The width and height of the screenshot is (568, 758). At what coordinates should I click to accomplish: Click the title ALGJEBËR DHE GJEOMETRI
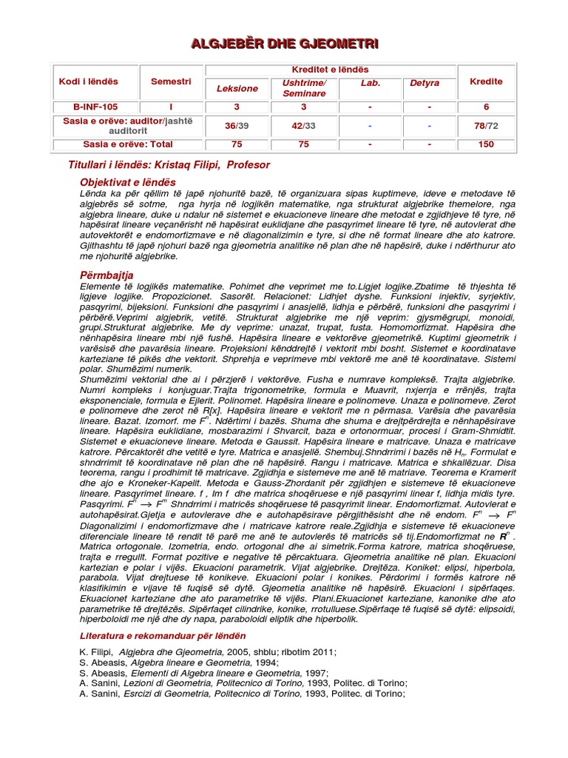[285, 44]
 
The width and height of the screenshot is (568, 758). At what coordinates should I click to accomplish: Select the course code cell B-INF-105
[88, 107]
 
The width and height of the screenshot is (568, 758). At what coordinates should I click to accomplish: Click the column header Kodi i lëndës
[88, 81]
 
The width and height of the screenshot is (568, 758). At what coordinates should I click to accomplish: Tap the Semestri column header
[171, 81]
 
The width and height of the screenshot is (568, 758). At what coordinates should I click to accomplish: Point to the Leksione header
[237, 88]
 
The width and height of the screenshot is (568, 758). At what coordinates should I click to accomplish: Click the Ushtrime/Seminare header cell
[304, 88]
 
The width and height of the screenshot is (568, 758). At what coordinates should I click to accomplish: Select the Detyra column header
[424, 83]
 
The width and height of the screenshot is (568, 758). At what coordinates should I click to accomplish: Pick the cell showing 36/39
[237, 126]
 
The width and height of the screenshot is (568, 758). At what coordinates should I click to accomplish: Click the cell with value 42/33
[304, 126]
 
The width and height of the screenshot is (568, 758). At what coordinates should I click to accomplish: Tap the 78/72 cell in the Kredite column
[486, 126]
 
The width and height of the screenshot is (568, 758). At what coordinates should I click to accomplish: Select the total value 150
[486, 144]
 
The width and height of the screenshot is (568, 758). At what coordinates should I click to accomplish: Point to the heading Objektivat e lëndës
[128, 181]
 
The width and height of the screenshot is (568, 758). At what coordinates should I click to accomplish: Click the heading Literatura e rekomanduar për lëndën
[163, 636]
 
